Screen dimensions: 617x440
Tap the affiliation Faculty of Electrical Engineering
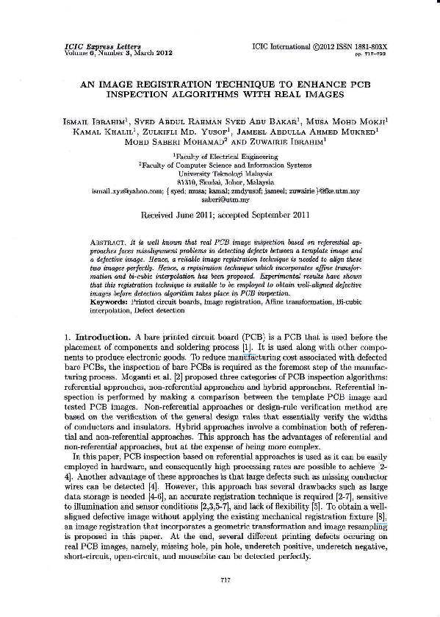221,157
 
